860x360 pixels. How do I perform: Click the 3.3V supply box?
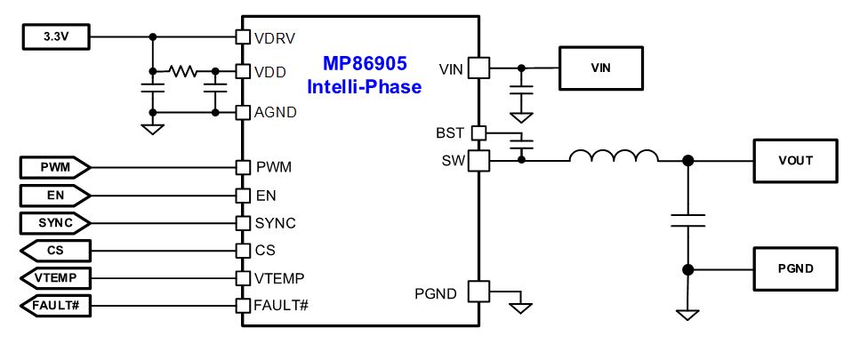point(56,37)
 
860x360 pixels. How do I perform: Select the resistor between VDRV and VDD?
point(182,71)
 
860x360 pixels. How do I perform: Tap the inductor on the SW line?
point(614,156)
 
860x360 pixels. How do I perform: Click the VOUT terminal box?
point(795,161)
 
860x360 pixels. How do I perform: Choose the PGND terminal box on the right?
point(795,268)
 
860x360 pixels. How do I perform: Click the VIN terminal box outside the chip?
point(600,68)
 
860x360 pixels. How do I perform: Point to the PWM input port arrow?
point(55,168)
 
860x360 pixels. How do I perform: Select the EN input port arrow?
point(55,196)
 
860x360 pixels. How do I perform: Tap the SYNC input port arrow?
point(55,223)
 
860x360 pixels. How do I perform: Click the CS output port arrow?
point(55,251)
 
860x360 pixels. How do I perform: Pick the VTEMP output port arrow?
point(55,278)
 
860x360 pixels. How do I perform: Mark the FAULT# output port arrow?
point(55,305)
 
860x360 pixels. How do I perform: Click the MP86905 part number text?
point(365,64)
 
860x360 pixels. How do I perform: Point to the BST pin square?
point(478,132)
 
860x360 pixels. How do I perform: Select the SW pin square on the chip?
point(478,161)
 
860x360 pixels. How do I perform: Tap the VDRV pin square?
point(243,36)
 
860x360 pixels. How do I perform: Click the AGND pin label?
point(276,112)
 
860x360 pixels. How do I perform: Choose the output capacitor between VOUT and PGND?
point(687,220)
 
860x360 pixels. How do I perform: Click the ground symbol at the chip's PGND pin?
point(520,308)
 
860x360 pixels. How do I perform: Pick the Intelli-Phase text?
point(365,86)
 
